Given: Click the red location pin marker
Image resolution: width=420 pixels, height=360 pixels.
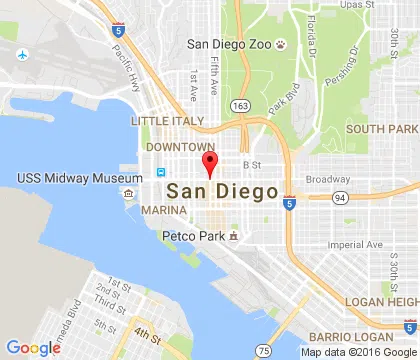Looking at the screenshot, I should (x=209, y=165).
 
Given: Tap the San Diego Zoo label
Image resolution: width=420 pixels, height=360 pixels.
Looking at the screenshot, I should (x=232, y=44).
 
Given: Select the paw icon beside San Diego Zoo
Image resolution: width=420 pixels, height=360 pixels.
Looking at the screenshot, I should (x=284, y=44).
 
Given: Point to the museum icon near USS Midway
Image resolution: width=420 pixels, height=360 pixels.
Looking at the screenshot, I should (x=129, y=192).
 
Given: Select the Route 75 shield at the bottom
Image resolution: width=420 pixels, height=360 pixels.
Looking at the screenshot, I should (x=263, y=350).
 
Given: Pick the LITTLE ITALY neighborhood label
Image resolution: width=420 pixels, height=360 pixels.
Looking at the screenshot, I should (x=168, y=120).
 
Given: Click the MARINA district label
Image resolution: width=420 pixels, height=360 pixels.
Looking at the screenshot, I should (x=164, y=211).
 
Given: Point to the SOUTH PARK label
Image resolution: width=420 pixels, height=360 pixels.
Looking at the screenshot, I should (x=382, y=129).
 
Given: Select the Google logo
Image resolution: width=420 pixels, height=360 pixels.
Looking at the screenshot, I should (x=33, y=347).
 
